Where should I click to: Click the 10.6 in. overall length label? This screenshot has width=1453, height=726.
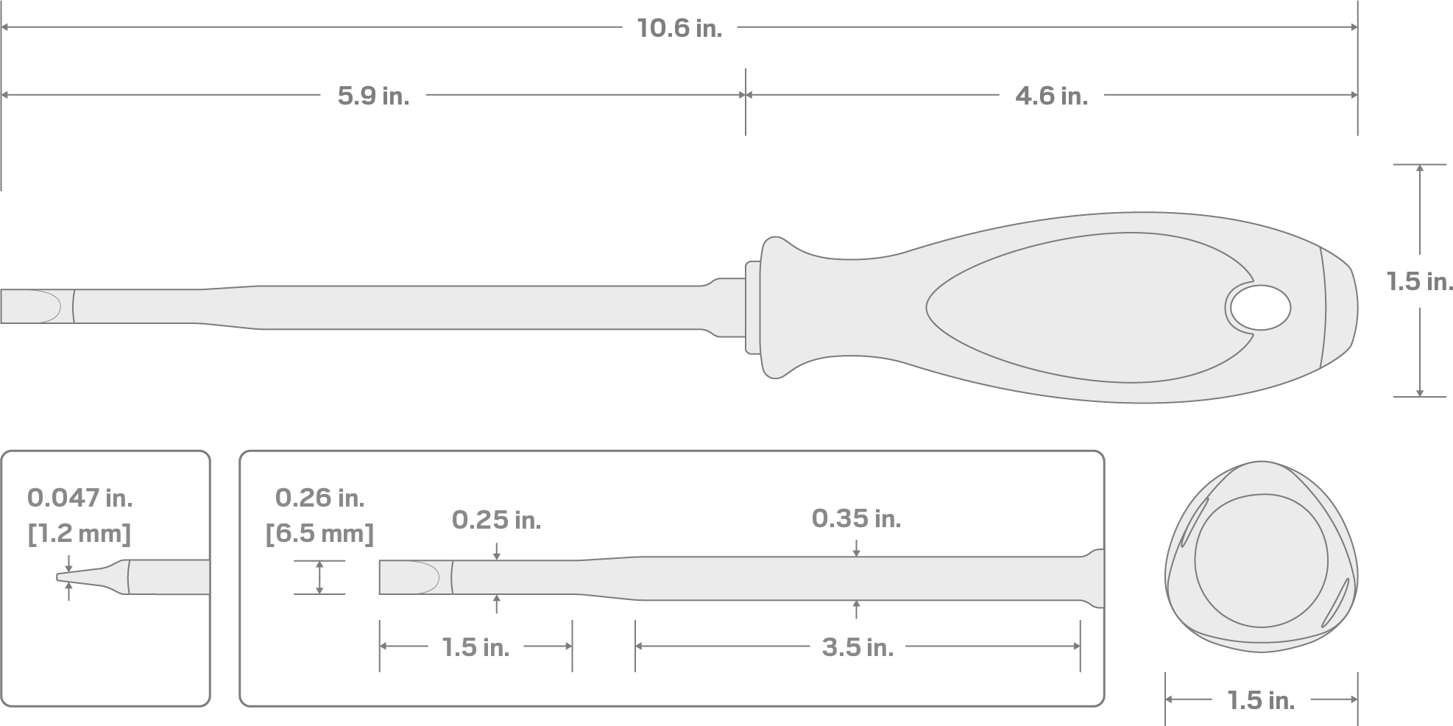point(679,28)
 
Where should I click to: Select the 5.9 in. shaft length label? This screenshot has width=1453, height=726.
point(373,96)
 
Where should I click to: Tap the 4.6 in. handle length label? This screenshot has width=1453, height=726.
point(1050,96)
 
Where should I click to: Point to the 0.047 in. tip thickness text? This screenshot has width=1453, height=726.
point(79,498)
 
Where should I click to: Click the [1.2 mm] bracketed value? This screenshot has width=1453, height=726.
point(79,533)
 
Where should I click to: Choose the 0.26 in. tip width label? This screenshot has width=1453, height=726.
point(319,498)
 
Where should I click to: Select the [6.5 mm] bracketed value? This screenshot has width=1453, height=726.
point(319,533)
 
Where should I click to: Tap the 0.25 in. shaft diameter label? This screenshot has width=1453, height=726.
point(496,521)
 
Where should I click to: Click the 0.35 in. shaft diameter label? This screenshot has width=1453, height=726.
point(856,519)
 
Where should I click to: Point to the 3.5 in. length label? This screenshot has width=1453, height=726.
point(858,648)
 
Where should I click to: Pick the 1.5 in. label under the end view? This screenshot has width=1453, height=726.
point(1260,701)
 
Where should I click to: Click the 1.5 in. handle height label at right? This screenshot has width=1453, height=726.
point(1419,281)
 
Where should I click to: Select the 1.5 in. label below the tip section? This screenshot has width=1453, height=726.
point(476,648)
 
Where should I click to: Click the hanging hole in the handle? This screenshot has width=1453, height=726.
point(1260,307)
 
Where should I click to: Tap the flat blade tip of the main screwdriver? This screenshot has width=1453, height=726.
point(29,306)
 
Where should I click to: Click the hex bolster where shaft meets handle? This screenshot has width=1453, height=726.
point(752,307)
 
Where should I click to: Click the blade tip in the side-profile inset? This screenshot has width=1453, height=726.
point(81,577)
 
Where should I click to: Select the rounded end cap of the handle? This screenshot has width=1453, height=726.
point(1340,307)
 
